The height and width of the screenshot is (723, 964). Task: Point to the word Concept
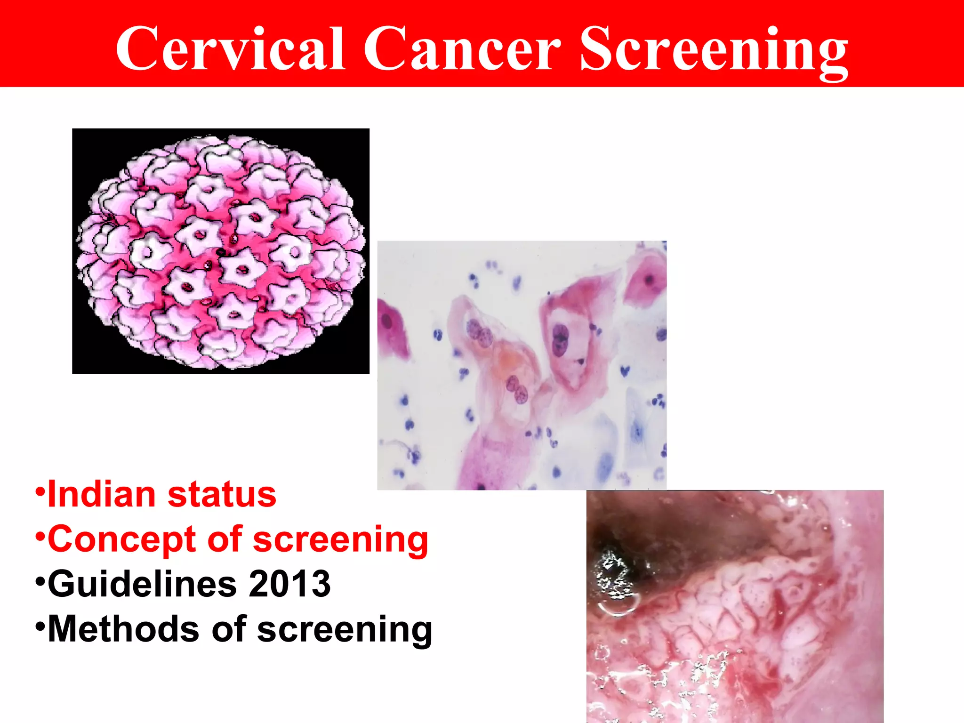[121, 540]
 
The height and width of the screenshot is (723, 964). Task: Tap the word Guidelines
[142, 584]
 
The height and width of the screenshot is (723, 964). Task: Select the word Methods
[124, 629]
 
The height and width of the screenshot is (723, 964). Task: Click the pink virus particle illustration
[220, 251]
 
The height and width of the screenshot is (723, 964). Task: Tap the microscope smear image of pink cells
[522, 365]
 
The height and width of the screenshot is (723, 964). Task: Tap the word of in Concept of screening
[224, 540]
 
